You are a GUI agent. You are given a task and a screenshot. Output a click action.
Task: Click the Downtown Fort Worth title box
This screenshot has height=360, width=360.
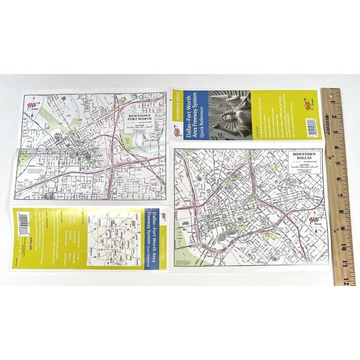coord(140,119)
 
